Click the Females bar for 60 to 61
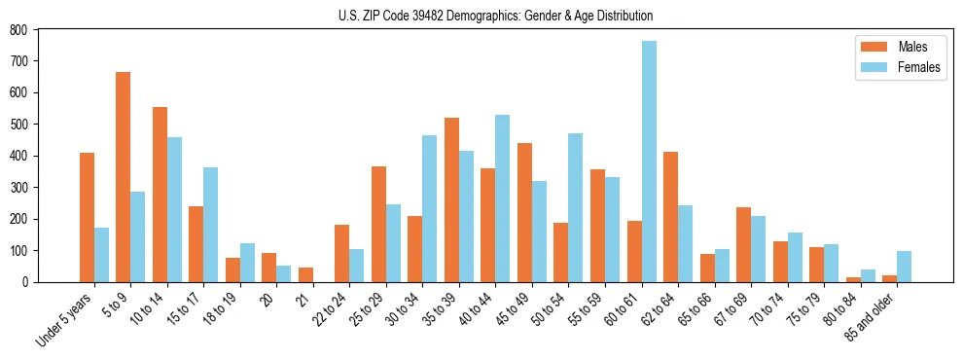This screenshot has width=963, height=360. click(x=649, y=162)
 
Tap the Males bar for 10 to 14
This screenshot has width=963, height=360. click(x=160, y=195)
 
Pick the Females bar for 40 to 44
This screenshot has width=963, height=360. click(x=503, y=198)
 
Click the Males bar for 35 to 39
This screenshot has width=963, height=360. click(x=451, y=199)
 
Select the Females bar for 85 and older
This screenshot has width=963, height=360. click(x=904, y=267)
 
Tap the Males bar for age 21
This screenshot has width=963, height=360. click(x=305, y=274)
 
